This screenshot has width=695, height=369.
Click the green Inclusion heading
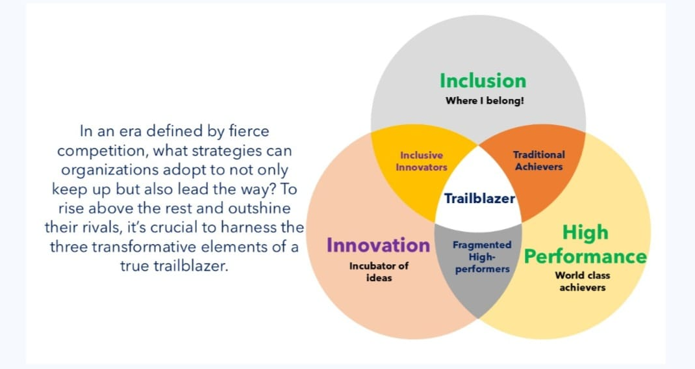tap(483, 81)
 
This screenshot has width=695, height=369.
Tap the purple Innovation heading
tap(378, 245)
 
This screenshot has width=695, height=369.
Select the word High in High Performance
tap(585, 233)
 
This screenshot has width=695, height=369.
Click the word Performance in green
tap(585, 256)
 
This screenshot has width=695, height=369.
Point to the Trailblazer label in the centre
tap(479, 198)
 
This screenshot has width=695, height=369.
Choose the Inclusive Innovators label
tap(422, 161)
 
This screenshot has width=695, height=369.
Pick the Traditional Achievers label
tap(539, 161)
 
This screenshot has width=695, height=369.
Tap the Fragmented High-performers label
tap(482, 257)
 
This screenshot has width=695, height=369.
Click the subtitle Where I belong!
tap(485, 101)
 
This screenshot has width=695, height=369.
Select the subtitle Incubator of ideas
tap(379, 272)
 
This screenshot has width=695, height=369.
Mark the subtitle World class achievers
tap(583, 282)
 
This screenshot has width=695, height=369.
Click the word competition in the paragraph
tap(103, 151)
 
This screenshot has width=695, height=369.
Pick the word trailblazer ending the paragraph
tap(190, 266)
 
